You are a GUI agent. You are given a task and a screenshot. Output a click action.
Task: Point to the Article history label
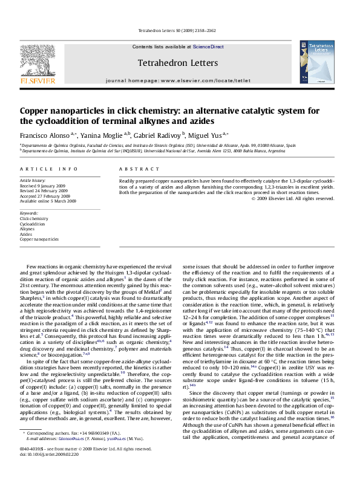pyautogui.click(x=32, y=181)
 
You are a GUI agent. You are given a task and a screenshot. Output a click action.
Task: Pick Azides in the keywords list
pyautogui.click(x=27, y=234)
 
